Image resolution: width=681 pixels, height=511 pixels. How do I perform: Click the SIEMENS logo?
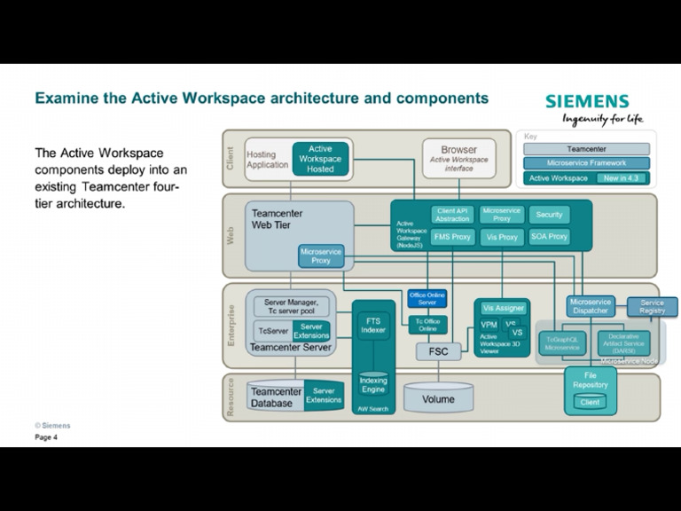[x=587, y=101]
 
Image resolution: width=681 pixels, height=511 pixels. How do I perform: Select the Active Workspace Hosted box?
[x=320, y=159]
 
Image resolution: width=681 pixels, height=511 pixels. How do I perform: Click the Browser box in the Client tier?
[x=458, y=158]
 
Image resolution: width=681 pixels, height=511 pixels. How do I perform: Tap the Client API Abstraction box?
[x=452, y=215]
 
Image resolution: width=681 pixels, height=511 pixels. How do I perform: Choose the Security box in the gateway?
[x=549, y=215]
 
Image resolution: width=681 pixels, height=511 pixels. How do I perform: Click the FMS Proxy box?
[x=452, y=237]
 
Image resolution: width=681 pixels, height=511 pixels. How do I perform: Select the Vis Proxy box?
[x=502, y=237]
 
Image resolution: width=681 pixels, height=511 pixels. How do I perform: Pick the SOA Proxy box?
[x=549, y=237]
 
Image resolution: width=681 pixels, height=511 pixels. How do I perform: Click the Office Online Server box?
[x=427, y=298]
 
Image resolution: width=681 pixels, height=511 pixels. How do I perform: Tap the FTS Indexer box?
[x=373, y=325]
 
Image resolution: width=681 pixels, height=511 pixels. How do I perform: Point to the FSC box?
[x=438, y=351]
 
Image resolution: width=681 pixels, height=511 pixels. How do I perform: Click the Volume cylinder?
[x=438, y=398]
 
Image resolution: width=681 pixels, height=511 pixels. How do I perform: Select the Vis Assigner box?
[x=503, y=308]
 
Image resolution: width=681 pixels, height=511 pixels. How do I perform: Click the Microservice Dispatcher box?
[x=591, y=306]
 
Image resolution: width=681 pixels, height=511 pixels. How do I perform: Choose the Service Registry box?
[x=652, y=306]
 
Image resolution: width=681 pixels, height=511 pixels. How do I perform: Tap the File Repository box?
[x=590, y=381]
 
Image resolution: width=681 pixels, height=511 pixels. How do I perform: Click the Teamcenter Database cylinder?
[x=276, y=397]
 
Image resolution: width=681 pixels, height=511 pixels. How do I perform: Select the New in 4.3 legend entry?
[x=623, y=177]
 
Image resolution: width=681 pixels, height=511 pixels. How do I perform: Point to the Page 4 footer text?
[x=46, y=437]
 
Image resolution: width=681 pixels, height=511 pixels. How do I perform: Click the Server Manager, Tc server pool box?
[x=291, y=306]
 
